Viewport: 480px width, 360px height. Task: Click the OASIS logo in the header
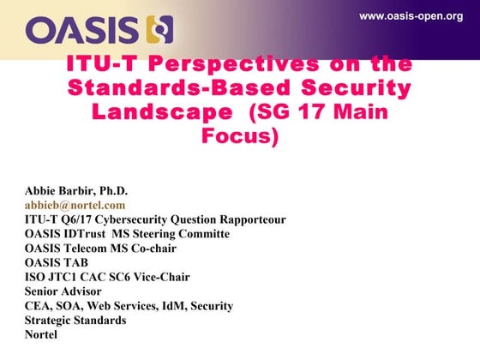tap(99, 30)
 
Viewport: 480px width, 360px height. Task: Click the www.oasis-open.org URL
tap(411, 16)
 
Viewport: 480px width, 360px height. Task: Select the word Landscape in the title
tap(162, 111)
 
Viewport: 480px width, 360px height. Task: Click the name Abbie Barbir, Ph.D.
tap(76, 191)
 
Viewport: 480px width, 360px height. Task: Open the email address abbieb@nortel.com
tap(75, 205)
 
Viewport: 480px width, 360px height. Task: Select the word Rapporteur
tap(253, 219)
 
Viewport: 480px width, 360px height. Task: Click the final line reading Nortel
tap(41, 335)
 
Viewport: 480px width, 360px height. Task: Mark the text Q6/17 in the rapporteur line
tap(77, 219)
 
